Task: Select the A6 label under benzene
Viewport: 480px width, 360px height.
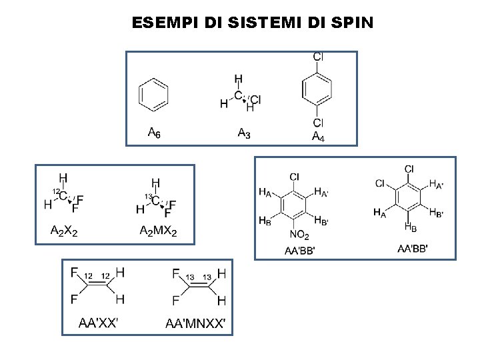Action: click(x=153, y=133)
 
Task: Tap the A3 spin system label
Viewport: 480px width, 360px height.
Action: click(x=244, y=133)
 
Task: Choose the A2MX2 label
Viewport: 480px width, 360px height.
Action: click(x=158, y=231)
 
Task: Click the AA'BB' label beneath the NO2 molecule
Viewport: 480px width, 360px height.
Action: click(x=299, y=251)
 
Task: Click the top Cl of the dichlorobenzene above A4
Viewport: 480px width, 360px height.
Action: click(x=318, y=57)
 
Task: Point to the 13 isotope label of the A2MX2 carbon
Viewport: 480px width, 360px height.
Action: click(x=149, y=196)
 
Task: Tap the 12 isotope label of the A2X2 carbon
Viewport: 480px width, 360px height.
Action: click(x=56, y=191)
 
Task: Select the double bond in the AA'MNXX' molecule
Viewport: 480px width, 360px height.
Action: click(x=199, y=286)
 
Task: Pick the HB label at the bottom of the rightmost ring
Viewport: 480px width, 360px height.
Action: click(x=410, y=227)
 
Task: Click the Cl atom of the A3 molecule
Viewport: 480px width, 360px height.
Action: click(x=255, y=100)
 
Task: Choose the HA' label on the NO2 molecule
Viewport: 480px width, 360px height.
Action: click(x=321, y=193)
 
